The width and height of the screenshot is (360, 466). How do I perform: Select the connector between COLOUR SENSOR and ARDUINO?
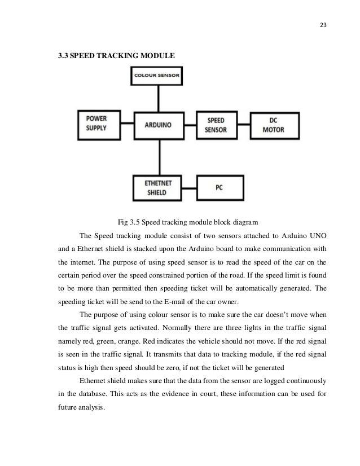(x=160, y=97)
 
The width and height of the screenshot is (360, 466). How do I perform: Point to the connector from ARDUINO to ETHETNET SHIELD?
(x=160, y=157)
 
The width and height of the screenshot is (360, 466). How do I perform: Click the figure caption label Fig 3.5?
(x=128, y=221)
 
